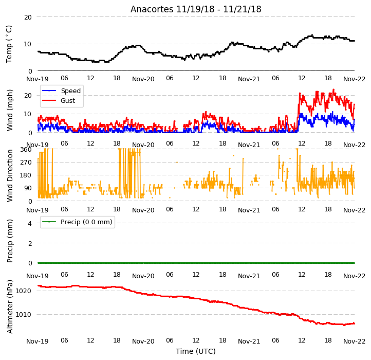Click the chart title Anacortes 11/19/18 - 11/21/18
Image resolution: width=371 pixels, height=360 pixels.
tap(196, 9)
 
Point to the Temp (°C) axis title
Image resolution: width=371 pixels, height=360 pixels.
tap(9, 44)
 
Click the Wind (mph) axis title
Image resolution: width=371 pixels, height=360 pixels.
tap(9, 110)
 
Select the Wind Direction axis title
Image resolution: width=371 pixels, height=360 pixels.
tap(9, 175)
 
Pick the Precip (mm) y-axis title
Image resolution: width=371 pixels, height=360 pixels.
tap(9, 241)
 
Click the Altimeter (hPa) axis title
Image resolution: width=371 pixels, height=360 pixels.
tap(9, 307)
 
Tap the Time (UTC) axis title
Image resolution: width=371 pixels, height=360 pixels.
tap(196, 351)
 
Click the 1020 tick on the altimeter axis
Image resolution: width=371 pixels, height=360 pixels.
tap(24, 291)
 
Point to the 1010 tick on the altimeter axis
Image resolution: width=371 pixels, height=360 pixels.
tap(24, 315)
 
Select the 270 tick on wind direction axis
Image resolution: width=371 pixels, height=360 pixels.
tap(26, 162)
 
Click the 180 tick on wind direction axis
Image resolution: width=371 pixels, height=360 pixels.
tap(26, 175)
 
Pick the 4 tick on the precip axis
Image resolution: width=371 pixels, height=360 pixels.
tap(30, 223)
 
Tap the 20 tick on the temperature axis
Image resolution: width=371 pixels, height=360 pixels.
tap(28, 17)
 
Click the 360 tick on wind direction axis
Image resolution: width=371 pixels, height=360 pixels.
tap(26, 150)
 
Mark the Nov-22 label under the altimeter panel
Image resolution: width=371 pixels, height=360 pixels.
tap(354, 341)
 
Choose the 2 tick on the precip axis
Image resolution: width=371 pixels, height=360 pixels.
tap(30, 243)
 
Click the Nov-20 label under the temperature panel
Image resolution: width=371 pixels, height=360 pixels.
tap(143, 79)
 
